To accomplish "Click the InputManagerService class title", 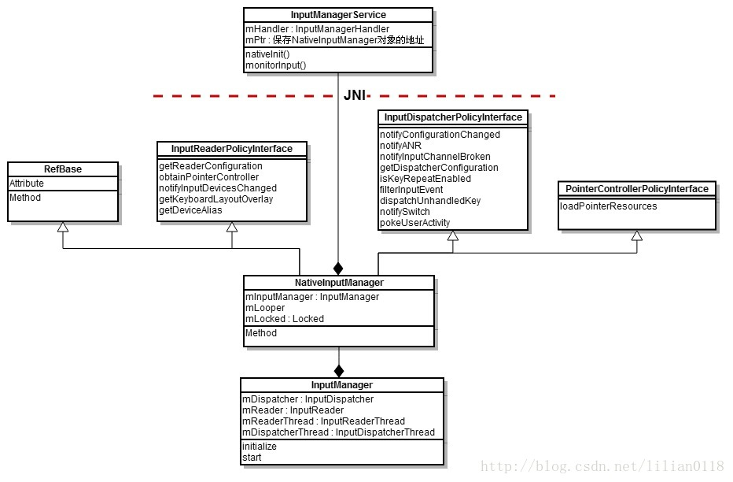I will (338, 15).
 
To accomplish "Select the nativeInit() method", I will (268, 54).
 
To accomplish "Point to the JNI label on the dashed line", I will (355, 95).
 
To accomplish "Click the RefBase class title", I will (63, 169).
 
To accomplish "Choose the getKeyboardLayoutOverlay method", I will (215, 199).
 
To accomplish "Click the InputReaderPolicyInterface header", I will (231, 149).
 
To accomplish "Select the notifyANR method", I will (401, 146).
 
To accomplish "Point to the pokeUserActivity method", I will (414, 223).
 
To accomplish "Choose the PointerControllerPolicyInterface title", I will (637, 189).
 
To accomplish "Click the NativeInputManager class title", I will (338, 282).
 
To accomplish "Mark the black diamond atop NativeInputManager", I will (339, 267).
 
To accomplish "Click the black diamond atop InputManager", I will (339, 369).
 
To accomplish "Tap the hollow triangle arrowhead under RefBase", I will (63, 225).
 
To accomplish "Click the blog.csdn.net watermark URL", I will (602, 467).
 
